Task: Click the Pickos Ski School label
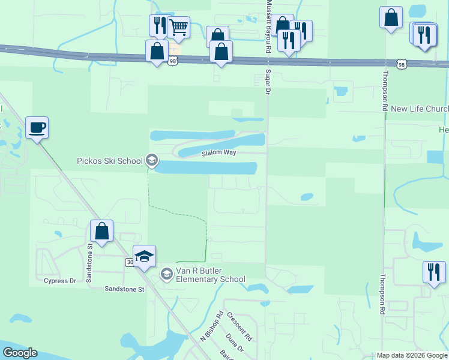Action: point(110,161)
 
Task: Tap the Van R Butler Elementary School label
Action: point(209,275)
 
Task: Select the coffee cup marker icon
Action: point(37,128)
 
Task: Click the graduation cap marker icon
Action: point(144,257)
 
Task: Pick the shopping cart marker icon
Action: point(178,28)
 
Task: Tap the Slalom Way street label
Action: point(218,154)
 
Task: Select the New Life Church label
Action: point(419,109)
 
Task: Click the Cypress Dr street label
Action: point(60,280)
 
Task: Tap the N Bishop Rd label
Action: point(211,327)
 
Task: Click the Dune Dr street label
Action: point(234,344)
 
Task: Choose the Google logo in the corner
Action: point(20,353)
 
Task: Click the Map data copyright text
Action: point(411,355)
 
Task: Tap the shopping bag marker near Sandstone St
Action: point(101,232)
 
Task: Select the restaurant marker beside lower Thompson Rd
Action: point(434,272)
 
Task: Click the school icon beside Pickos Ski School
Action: point(152,160)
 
